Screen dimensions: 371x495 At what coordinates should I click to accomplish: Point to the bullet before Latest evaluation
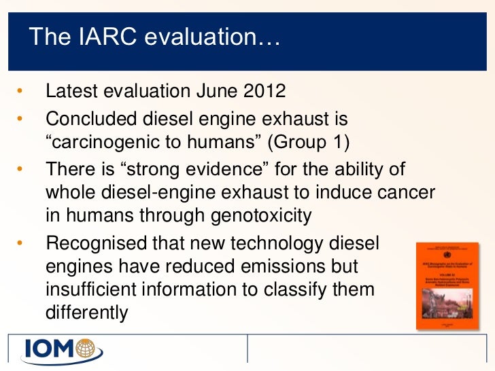point(20,91)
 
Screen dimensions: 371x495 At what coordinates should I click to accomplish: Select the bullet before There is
point(20,167)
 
